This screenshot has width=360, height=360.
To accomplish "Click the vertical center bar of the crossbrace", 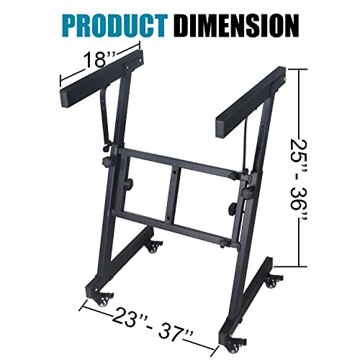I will point(172,194).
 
